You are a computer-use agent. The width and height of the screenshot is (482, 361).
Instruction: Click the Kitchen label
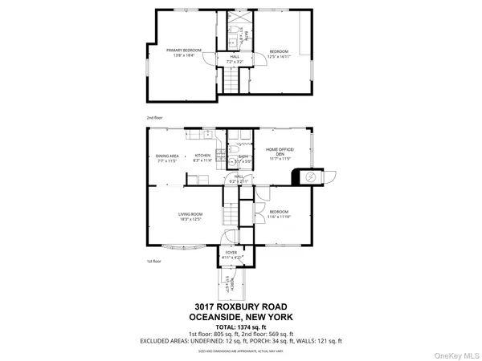click(202, 156)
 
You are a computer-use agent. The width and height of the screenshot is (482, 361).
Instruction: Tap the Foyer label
click(231, 254)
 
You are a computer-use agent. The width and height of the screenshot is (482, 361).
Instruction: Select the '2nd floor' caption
click(154, 118)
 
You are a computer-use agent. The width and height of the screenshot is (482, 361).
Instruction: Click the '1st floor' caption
click(154, 262)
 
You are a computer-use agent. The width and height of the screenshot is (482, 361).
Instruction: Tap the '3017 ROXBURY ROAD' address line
click(240, 306)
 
